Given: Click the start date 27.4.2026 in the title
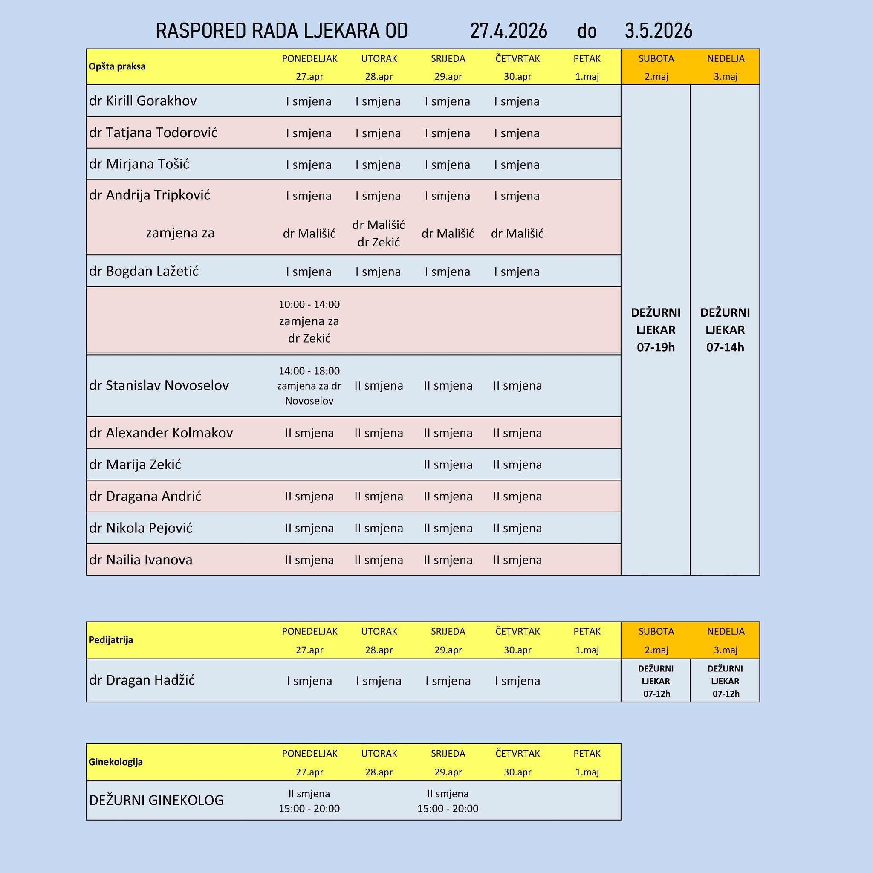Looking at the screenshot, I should pyautogui.click(x=509, y=31).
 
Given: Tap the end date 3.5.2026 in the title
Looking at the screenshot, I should pyautogui.click(x=658, y=31).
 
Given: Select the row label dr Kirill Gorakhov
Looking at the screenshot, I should pyautogui.click(x=143, y=101).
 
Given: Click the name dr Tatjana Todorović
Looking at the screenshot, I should pyautogui.click(x=153, y=133).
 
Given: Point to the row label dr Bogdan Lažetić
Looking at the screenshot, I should pyautogui.click(x=144, y=271).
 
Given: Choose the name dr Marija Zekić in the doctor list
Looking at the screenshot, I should pyautogui.click(x=135, y=465).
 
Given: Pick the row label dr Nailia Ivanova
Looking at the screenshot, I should pyautogui.click(x=141, y=560).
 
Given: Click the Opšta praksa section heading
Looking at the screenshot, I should pyautogui.click(x=117, y=66).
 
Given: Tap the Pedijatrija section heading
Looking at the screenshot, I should pyautogui.click(x=111, y=640).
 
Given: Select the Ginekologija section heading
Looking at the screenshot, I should pyautogui.click(x=116, y=762).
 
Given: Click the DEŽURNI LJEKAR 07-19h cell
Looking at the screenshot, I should pyautogui.click(x=656, y=330).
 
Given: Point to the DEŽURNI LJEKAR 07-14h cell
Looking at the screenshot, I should pyautogui.click(x=725, y=330).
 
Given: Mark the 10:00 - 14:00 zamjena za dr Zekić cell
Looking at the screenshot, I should pyautogui.click(x=309, y=321).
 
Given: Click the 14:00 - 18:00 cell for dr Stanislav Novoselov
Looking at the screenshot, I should pyautogui.click(x=309, y=385).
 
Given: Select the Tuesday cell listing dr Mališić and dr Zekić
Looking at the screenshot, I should pyautogui.click(x=379, y=233).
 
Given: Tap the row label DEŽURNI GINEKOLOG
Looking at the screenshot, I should pyautogui.click(x=156, y=800).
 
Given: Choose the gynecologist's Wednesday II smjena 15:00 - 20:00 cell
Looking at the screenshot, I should pyautogui.click(x=448, y=801).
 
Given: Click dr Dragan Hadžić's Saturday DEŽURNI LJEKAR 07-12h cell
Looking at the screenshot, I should pyautogui.click(x=656, y=681).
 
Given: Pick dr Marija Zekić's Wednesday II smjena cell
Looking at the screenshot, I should pyautogui.click(x=448, y=465).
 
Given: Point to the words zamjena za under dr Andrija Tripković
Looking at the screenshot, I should pyautogui.click(x=180, y=233).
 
